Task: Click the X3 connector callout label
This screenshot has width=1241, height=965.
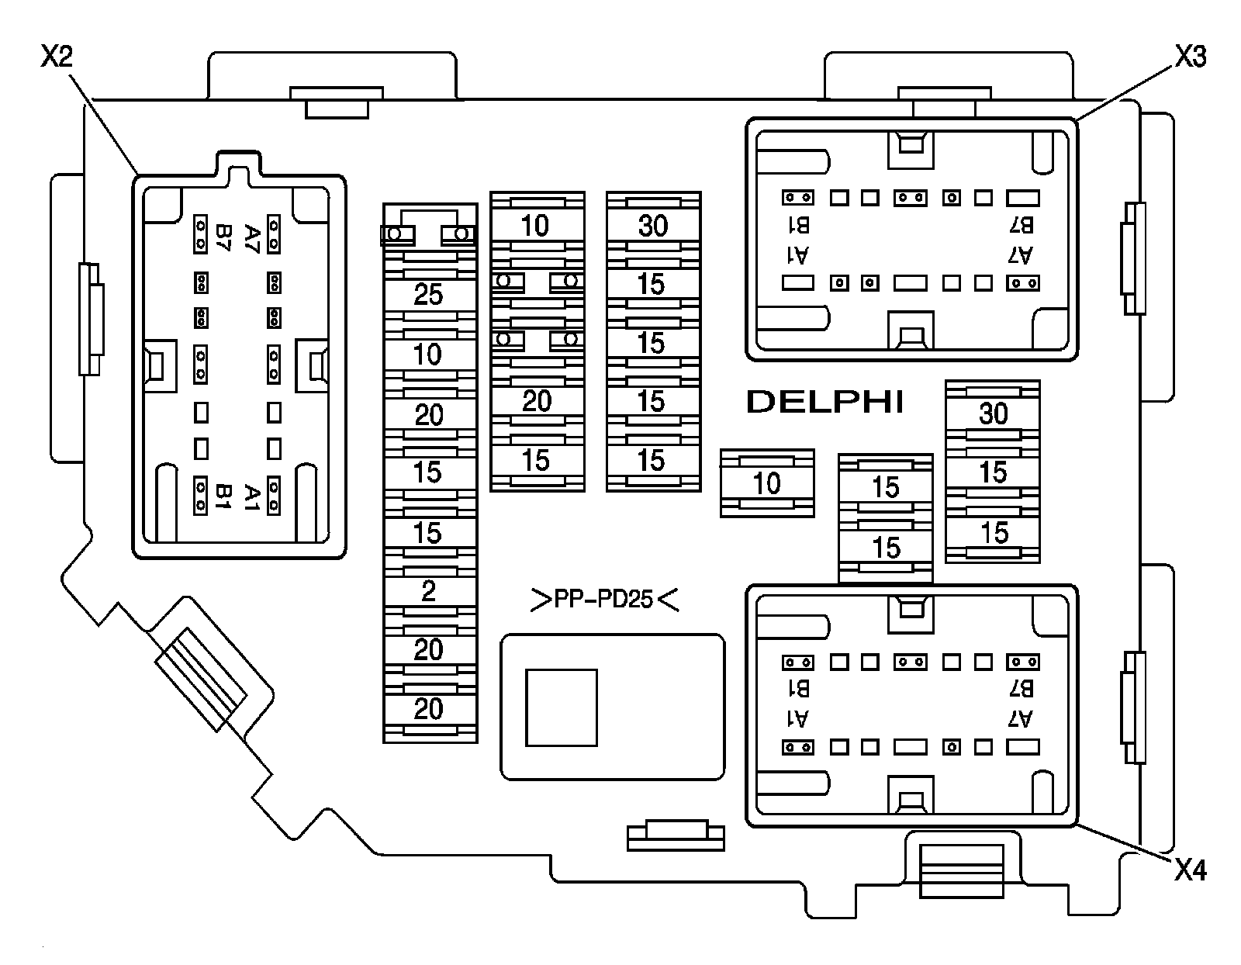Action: (1190, 56)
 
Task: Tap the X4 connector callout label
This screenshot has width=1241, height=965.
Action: (1190, 870)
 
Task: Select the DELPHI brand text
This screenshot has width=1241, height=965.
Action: (824, 401)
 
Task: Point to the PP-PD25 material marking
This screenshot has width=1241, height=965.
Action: (604, 600)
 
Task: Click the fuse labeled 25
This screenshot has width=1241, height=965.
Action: (428, 295)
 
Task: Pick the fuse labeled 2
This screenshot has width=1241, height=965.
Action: (428, 592)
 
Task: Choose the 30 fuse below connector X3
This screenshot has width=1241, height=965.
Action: (993, 413)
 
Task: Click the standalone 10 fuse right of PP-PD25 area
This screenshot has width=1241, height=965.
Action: (766, 483)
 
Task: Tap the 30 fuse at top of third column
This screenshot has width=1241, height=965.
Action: (652, 226)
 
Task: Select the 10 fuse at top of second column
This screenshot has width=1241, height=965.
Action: (534, 226)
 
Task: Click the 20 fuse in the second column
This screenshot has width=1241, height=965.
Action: (536, 401)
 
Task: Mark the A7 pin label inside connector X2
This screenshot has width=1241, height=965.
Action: (251, 233)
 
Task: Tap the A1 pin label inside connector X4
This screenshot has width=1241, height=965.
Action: (799, 719)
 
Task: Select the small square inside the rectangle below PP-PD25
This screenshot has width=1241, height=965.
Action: (562, 707)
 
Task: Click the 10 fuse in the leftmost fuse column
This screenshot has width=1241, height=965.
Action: (428, 355)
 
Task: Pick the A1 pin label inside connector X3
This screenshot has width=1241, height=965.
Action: (799, 254)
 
